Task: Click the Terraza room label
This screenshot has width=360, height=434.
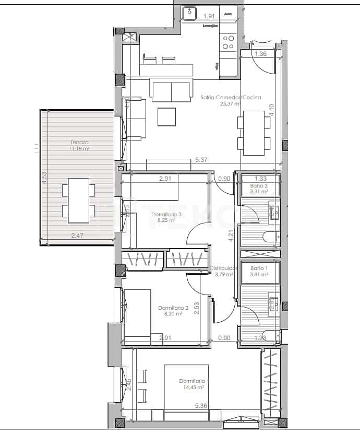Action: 80,142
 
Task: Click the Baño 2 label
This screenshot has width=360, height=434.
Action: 259,186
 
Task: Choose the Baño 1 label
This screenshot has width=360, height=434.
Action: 259,268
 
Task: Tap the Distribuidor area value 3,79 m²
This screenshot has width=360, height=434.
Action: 226,275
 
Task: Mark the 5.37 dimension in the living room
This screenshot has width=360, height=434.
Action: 202,160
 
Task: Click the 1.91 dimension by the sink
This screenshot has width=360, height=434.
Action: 209,16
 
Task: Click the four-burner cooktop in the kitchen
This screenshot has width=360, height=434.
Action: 228,42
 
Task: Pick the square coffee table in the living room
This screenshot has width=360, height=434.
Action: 168,116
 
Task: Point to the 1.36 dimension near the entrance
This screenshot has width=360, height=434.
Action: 261,53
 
